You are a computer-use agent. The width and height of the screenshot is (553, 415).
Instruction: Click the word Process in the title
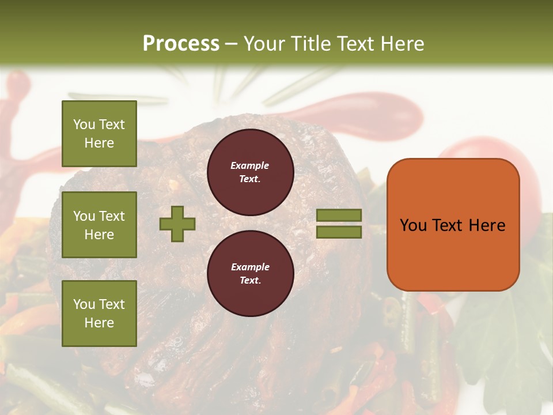point(181,44)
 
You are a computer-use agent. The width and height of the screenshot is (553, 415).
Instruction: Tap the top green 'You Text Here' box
point(99,134)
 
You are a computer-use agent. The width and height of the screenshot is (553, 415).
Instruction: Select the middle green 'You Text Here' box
point(99,225)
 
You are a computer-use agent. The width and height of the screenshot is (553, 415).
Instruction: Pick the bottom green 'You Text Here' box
point(99,314)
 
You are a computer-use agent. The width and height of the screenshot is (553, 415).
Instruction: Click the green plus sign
point(177,224)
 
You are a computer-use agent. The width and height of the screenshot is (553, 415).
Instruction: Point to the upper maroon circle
point(250,172)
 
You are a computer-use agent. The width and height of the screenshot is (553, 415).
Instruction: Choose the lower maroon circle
point(250,273)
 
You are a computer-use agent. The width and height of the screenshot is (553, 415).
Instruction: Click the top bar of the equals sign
point(339,216)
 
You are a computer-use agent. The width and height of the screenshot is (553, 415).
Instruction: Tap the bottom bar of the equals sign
point(339,232)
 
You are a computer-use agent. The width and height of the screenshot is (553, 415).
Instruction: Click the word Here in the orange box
point(487,225)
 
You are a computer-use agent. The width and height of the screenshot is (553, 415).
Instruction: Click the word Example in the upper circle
point(250,165)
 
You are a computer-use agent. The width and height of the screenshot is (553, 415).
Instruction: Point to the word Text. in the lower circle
point(250,280)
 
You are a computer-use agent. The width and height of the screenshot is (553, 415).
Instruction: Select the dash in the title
point(231,44)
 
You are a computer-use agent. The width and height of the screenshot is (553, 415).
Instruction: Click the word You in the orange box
point(412,225)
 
